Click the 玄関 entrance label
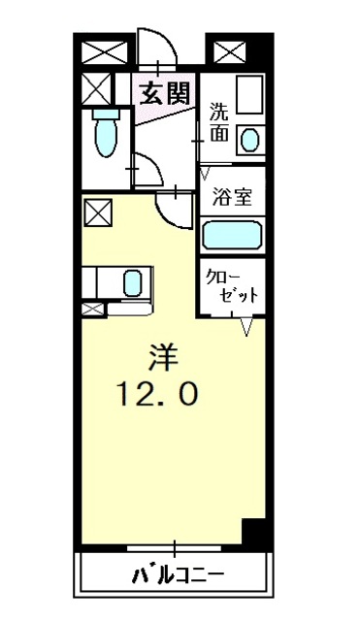click(x=163, y=94)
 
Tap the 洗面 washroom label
click(x=220, y=123)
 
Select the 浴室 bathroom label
click(x=233, y=198)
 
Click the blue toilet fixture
click(x=105, y=135)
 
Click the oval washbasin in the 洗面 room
click(x=250, y=139)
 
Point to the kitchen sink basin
click(x=133, y=283)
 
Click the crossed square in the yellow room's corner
click(x=97, y=210)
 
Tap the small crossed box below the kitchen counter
click(x=92, y=310)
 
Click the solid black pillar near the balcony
click(x=254, y=533)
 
